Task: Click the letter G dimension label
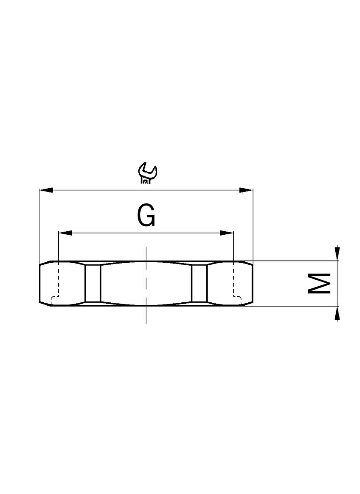[x=146, y=216]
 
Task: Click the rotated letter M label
[x=320, y=284]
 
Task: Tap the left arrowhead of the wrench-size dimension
[x=46, y=190]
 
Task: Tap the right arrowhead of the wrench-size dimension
[x=246, y=190]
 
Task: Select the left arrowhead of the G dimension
[x=65, y=233]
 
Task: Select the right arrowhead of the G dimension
[x=227, y=233]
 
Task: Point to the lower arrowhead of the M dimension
[x=337, y=313]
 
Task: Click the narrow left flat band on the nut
[x=93, y=284]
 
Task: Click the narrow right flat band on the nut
[x=199, y=284]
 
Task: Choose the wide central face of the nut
[x=131, y=284]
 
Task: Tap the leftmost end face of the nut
[x=45, y=284]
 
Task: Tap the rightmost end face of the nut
[x=247, y=284]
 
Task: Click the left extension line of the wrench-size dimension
[x=39, y=227]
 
